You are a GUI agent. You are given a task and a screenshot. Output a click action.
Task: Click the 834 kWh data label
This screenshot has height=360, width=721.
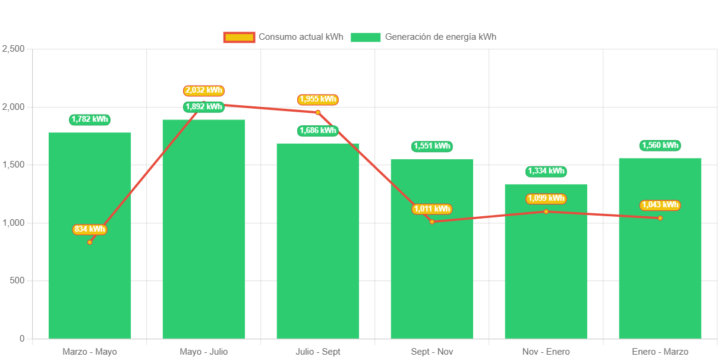pyautogui.click(x=90, y=229)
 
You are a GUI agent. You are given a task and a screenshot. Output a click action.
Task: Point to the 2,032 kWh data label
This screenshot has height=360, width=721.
pyautogui.click(x=203, y=90)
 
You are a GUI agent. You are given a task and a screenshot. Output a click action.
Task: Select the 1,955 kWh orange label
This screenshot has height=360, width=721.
pyautogui.click(x=317, y=99)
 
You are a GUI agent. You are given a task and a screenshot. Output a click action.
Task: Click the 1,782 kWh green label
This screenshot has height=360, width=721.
pyautogui.click(x=90, y=119)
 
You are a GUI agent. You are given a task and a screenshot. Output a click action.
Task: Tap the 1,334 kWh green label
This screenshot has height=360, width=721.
pyautogui.click(x=546, y=171)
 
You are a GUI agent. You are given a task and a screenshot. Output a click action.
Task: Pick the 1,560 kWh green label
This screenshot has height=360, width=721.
pyautogui.click(x=660, y=146)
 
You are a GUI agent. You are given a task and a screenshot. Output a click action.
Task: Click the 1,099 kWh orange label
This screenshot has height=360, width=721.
pyautogui.click(x=546, y=198)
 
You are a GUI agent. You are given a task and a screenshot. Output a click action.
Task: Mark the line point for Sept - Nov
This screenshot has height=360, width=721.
pyautogui.click(x=432, y=222)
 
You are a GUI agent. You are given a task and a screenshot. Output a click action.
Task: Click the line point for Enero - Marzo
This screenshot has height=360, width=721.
pyautogui.click(x=660, y=218)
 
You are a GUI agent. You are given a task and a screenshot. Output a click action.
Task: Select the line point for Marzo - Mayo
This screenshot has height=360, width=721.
pyautogui.click(x=90, y=242)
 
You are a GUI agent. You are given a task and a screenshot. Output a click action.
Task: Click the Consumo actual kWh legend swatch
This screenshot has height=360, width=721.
pyautogui.click(x=239, y=37)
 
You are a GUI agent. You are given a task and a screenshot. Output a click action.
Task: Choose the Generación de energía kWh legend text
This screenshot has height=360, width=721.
pyautogui.click(x=440, y=37)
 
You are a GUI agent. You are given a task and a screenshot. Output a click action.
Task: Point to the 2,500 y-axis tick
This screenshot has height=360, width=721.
pyautogui.click(x=13, y=49)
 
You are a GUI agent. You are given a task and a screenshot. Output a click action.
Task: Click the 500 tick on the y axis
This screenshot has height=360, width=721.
pyautogui.click(x=17, y=280)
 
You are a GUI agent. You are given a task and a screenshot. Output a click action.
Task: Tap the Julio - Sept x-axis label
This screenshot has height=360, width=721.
pyautogui.click(x=318, y=352)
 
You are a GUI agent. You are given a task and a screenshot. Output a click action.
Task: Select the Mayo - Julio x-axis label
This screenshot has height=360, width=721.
pyautogui.click(x=204, y=352)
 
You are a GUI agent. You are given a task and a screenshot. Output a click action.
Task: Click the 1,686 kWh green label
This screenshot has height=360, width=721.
pyautogui.click(x=317, y=130)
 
